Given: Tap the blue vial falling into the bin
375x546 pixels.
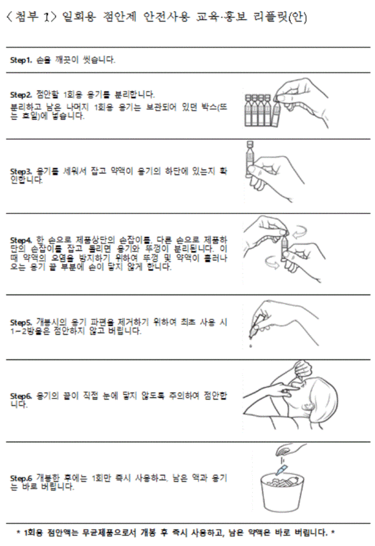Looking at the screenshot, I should [x=282, y=465].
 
